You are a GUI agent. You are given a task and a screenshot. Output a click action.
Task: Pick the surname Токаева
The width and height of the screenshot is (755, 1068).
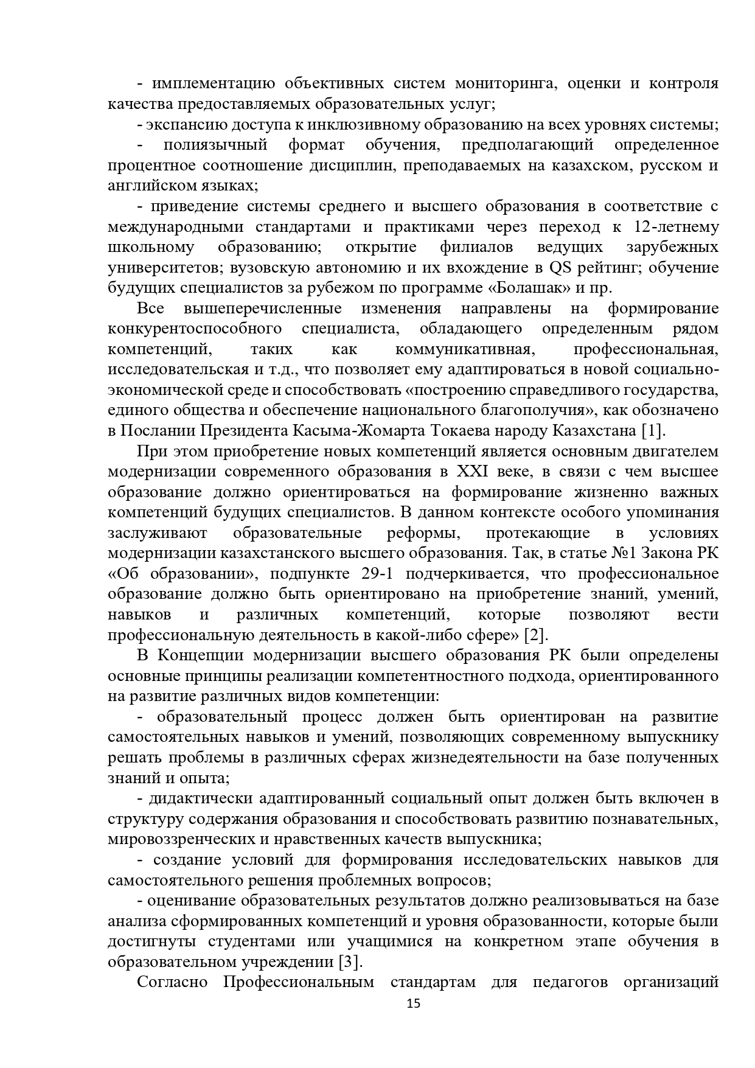pos(496,431)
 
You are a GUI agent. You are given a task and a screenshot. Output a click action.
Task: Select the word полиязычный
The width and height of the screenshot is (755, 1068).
pos(215,145)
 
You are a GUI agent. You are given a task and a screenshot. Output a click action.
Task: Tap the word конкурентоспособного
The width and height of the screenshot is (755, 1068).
pos(195,329)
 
